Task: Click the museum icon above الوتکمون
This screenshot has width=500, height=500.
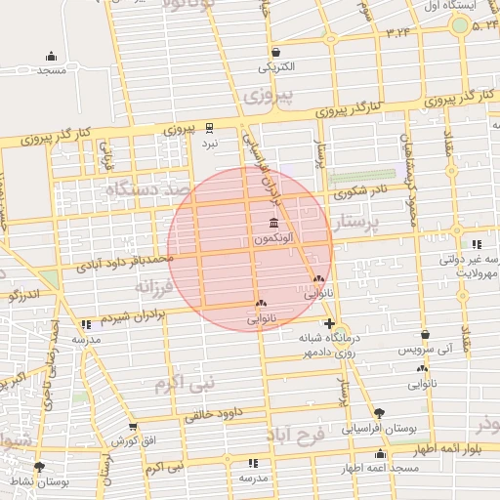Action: click(x=271, y=224)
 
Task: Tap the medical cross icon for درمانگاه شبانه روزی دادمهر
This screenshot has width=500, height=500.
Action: click(x=329, y=323)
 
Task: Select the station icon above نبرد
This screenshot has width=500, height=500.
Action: click(x=210, y=127)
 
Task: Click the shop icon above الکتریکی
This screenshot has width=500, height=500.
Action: click(x=275, y=53)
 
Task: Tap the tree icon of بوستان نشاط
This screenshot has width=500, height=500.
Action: click(x=39, y=467)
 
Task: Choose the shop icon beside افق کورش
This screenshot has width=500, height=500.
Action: click(x=133, y=428)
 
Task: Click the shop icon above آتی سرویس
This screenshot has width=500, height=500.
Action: click(x=424, y=334)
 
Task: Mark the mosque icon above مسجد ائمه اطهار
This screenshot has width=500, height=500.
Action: click(x=380, y=454)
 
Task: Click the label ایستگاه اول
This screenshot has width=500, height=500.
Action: click(x=472, y=7)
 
